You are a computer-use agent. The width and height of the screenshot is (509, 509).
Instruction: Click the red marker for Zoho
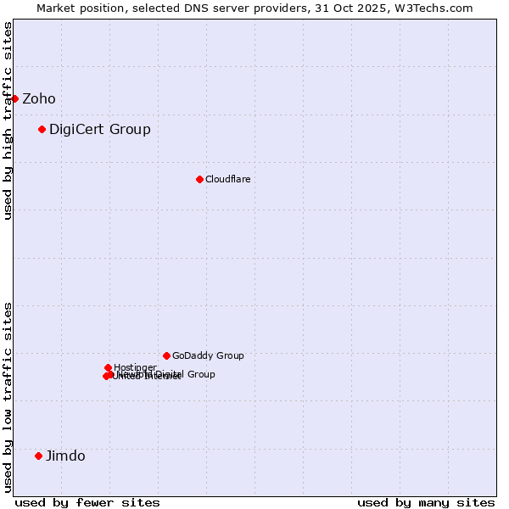click(x=14, y=98)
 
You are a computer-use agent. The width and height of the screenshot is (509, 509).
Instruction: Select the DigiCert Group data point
click(x=42, y=129)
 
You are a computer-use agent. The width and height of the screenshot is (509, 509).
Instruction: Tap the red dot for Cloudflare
click(x=199, y=179)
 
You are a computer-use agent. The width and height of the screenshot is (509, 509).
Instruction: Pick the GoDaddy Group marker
click(x=166, y=355)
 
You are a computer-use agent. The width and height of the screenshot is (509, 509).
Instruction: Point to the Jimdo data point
click(x=38, y=456)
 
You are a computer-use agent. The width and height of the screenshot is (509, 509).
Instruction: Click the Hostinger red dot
click(x=108, y=367)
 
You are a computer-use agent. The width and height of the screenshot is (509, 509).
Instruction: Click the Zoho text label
click(x=39, y=98)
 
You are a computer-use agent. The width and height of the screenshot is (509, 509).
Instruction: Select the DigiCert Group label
click(x=100, y=129)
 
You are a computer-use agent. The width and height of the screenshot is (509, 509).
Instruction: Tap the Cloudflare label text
click(x=227, y=179)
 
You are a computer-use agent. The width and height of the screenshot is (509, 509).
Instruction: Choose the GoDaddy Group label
click(x=208, y=355)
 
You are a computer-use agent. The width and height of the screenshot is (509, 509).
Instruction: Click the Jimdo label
click(x=65, y=456)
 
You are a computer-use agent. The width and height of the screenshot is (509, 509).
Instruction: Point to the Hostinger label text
click(x=135, y=367)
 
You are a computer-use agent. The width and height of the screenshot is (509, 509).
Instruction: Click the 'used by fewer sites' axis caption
click(x=87, y=502)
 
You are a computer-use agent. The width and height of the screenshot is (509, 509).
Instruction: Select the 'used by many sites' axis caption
click(x=426, y=502)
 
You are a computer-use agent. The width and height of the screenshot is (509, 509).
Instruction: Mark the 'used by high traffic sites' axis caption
click(x=8, y=120)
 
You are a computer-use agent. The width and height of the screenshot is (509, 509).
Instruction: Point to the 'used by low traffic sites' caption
click(x=8, y=396)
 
